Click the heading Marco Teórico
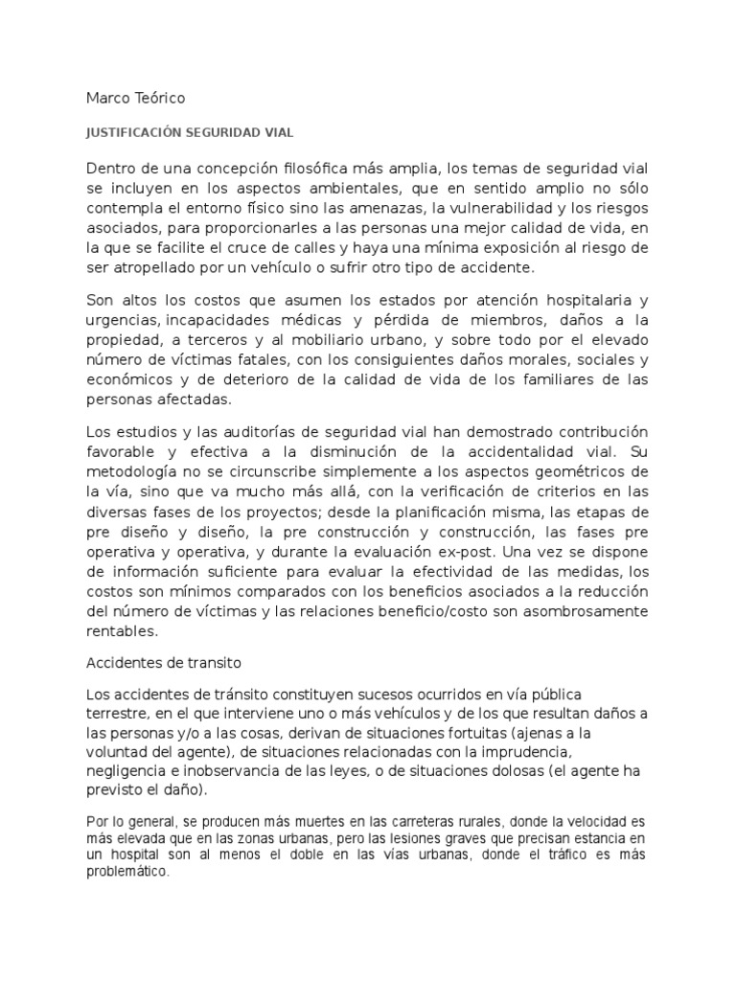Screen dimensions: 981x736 point(136,98)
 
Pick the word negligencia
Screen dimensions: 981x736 point(130,772)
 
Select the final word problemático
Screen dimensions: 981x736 point(127,874)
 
